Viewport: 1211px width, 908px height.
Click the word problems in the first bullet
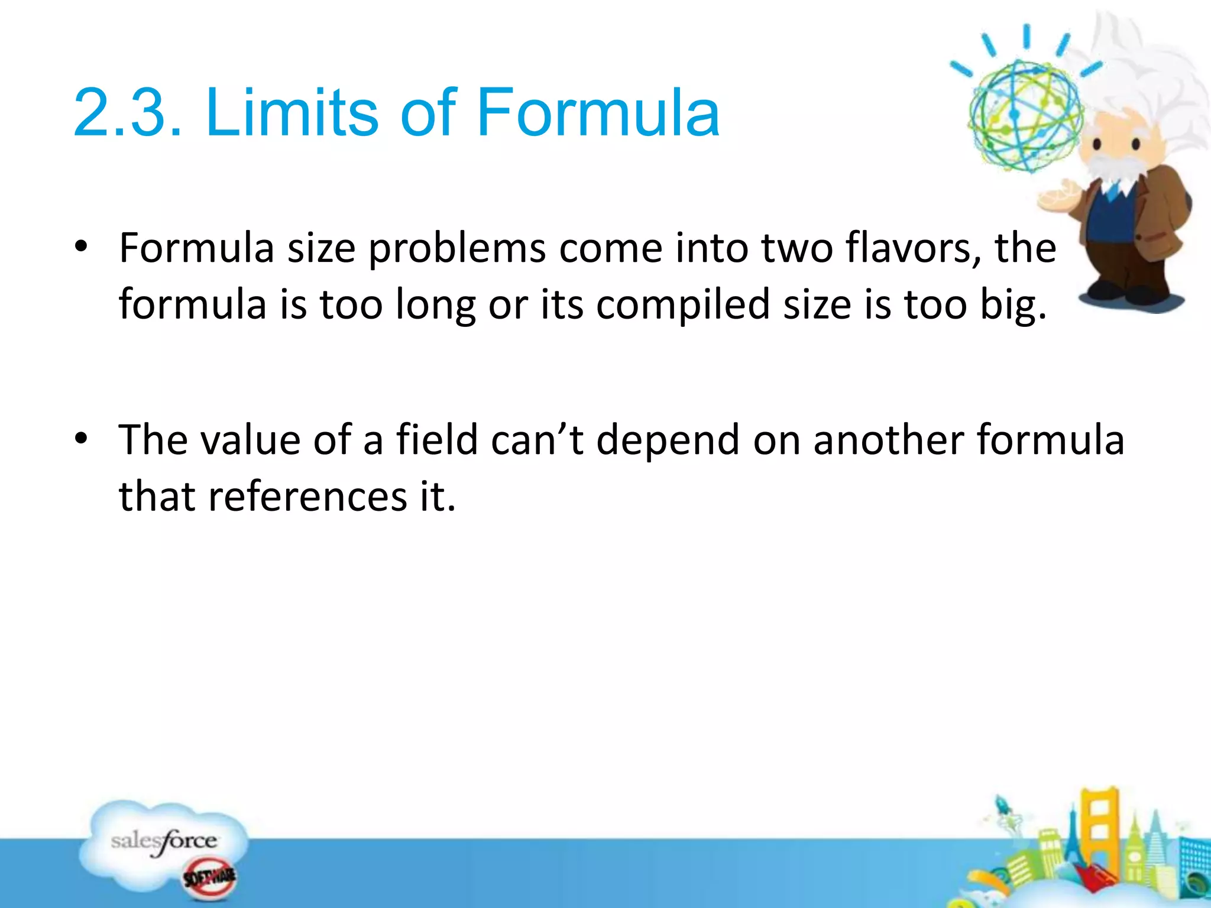click(x=456, y=248)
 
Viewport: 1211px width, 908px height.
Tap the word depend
click(x=668, y=440)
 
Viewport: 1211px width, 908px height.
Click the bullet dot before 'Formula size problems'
click(x=82, y=247)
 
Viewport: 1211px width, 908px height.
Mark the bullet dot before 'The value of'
click(x=82, y=439)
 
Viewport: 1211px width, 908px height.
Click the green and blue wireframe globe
click(x=1025, y=115)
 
